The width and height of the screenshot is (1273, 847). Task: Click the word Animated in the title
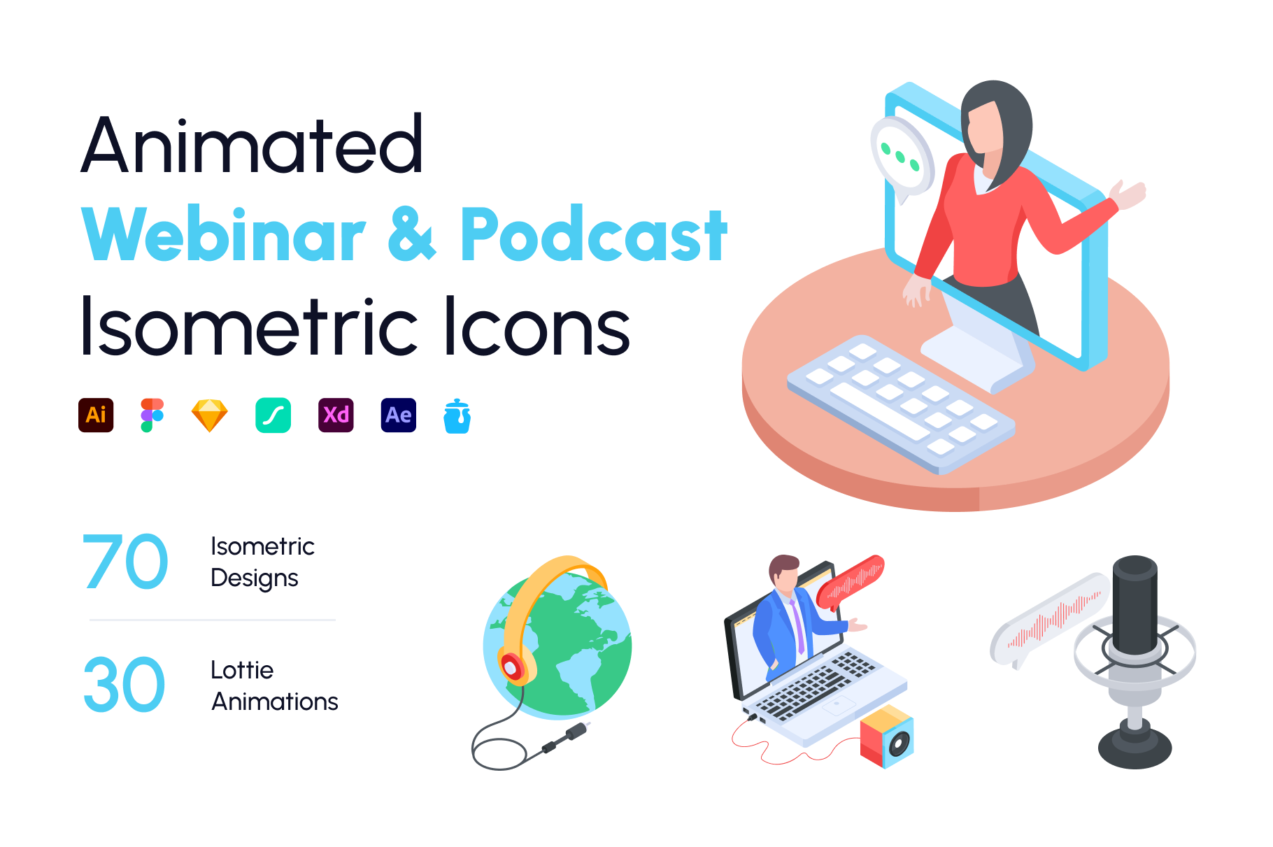[x=252, y=144]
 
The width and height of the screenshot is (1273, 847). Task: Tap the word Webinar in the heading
[x=224, y=235]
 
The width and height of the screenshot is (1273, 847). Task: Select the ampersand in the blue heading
[x=412, y=235]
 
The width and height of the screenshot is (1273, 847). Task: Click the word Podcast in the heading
[x=594, y=235]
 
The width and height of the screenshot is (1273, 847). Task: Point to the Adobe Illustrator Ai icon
[x=96, y=415]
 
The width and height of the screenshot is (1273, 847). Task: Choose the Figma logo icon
[x=152, y=415]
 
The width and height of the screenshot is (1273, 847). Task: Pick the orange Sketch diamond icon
[x=210, y=415]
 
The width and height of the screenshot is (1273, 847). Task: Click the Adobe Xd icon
[x=336, y=415]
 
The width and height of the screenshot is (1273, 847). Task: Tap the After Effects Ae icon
[x=399, y=415]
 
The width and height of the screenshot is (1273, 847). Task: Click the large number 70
[x=125, y=562]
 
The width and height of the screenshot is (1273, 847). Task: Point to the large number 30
[x=125, y=685]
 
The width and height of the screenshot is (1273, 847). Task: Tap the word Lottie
[x=242, y=670]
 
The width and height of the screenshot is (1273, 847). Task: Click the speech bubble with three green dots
[x=902, y=157]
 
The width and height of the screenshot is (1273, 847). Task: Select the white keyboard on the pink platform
[x=901, y=404]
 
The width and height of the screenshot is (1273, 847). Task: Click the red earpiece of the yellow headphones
[x=513, y=667]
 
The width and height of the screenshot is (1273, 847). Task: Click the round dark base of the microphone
[x=1135, y=747]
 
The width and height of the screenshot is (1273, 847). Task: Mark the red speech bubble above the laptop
[x=851, y=581]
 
